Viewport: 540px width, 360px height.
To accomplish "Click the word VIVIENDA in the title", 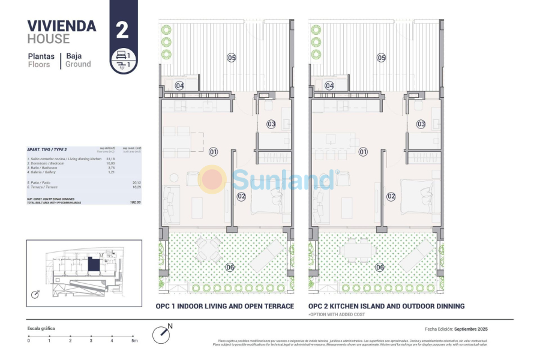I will pos(62,26).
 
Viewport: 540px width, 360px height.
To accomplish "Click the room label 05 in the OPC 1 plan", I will pos(231,58).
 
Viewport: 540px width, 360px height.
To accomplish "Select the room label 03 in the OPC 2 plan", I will pos(421,124).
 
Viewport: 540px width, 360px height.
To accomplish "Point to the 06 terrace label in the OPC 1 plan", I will pos(230,268).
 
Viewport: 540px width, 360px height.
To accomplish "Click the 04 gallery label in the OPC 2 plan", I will pos(329,86).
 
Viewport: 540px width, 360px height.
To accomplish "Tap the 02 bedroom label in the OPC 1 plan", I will pos(241,196).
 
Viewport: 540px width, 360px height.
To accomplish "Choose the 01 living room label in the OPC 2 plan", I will pos(363,152).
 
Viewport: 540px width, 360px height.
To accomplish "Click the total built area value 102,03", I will pos(135,203).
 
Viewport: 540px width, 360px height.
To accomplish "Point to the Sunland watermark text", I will pos(283,179).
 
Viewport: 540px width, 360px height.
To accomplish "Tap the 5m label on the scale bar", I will pos(134,341).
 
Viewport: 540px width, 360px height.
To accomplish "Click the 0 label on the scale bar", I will pos(28,341).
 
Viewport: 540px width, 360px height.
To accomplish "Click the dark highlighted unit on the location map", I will pos(94,264).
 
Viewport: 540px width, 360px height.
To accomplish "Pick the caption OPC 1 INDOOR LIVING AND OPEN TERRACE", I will pos(224,306).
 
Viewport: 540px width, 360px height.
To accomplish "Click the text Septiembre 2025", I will pos(471,329).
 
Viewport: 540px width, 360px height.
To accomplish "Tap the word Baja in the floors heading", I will pos(74,56).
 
